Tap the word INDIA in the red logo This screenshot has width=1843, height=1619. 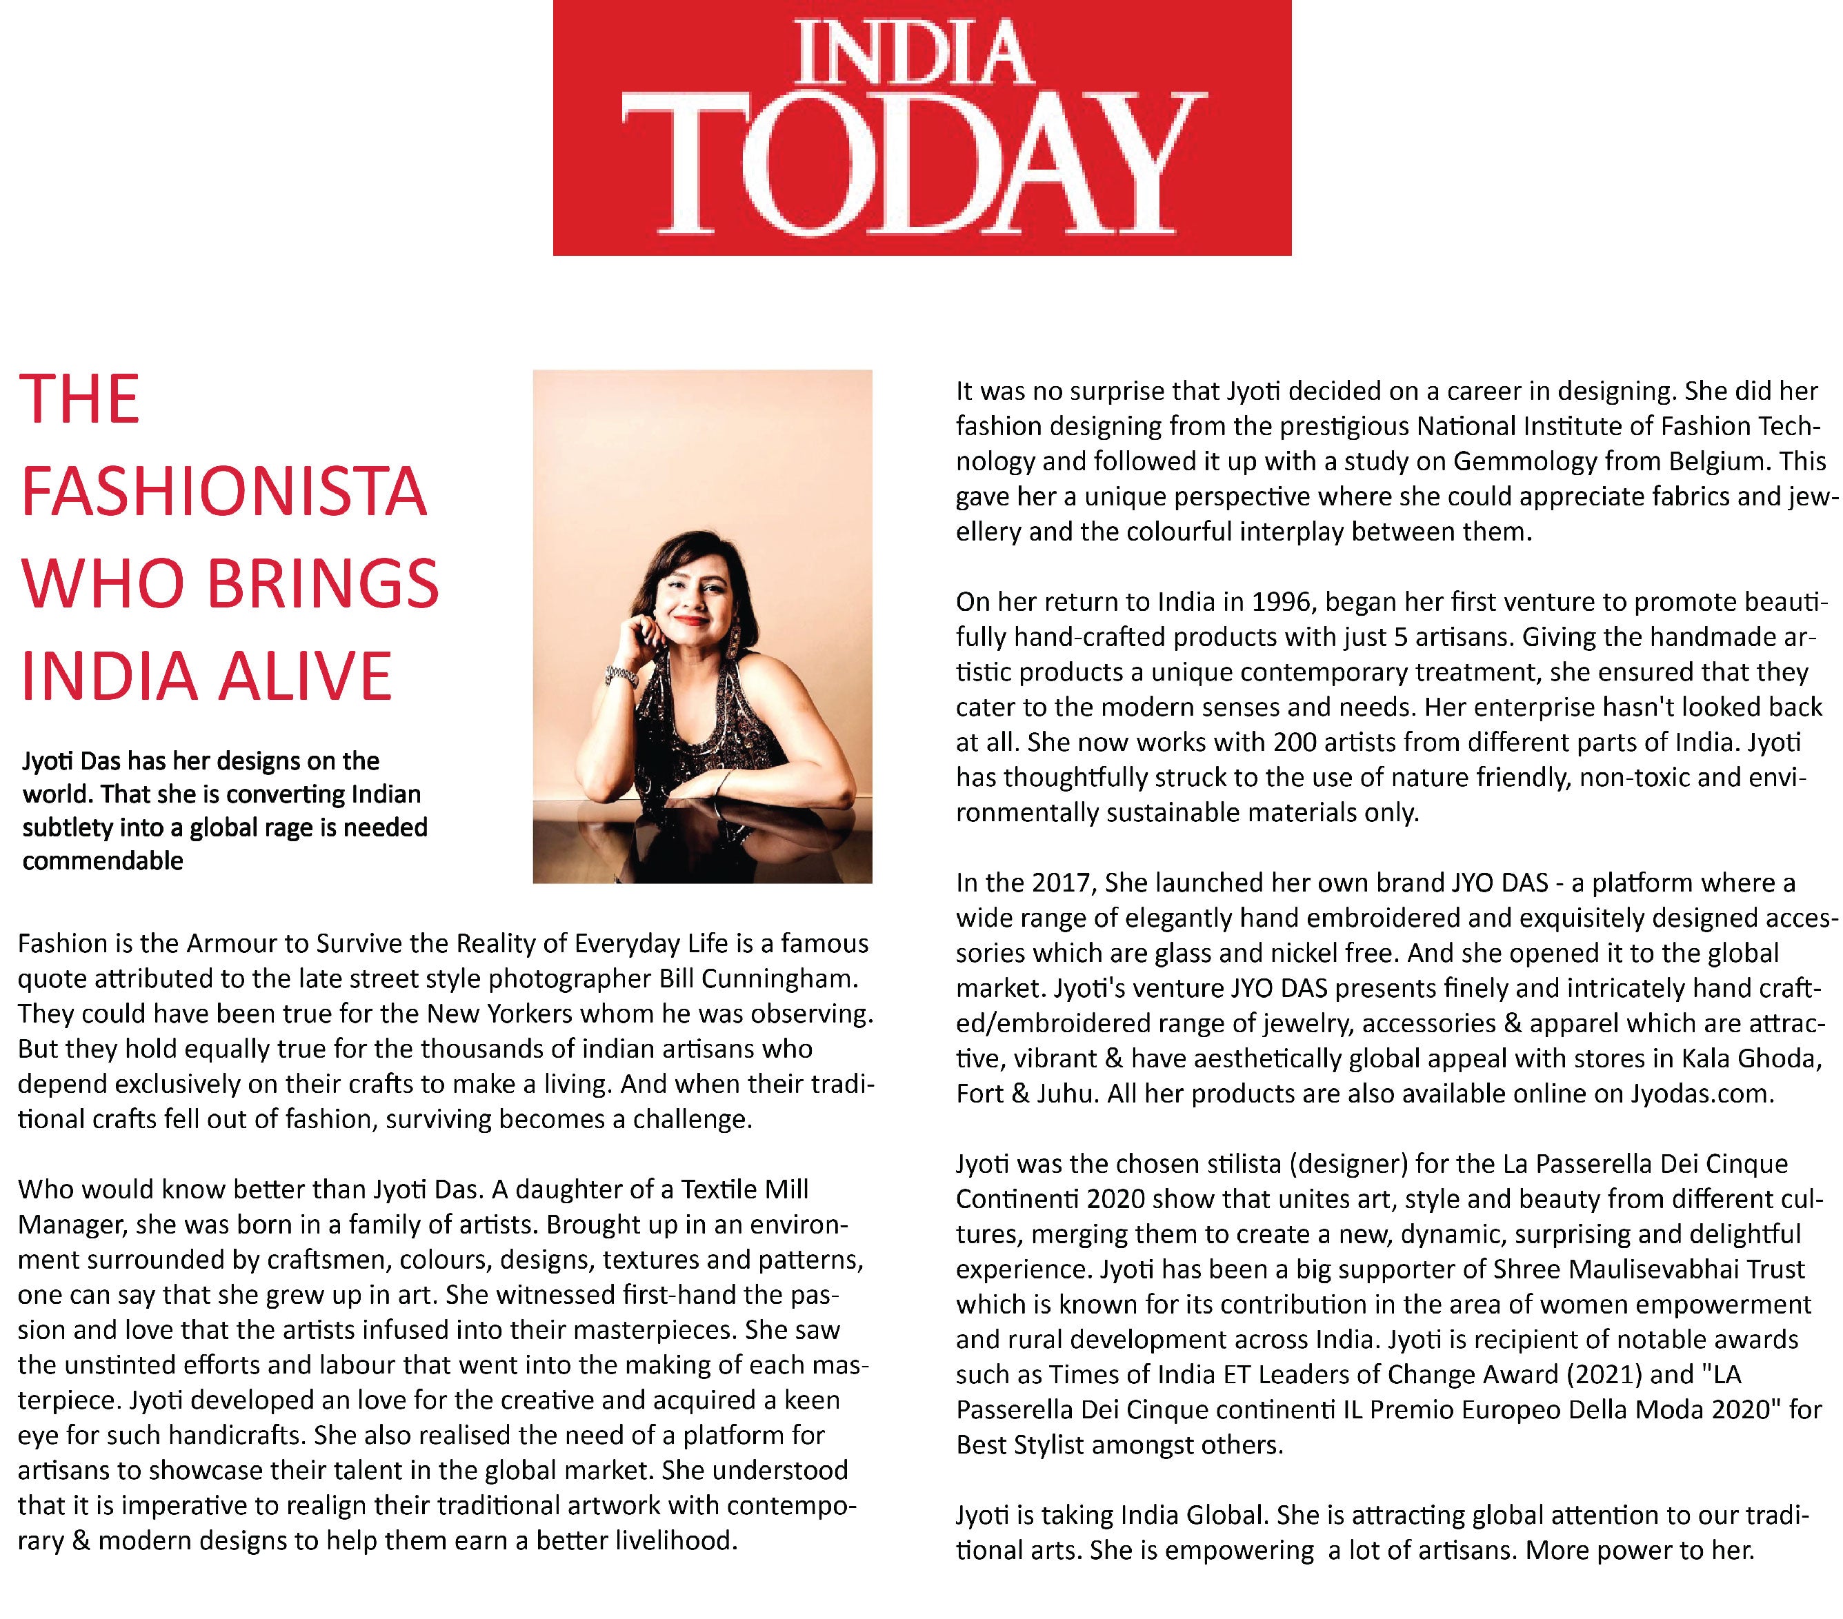(913, 54)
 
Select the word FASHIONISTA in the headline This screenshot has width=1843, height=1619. (223, 492)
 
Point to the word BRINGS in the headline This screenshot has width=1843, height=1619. (323, 584)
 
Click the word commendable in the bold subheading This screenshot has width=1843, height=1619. (103, 861)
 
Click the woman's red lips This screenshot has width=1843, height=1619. (693, 619)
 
